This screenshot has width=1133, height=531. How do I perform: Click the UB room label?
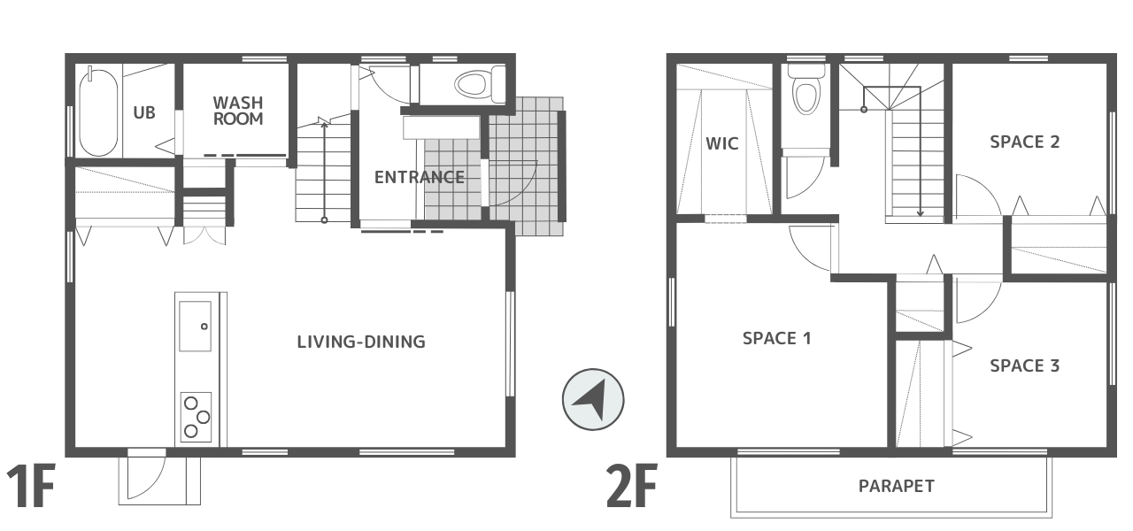[144, 112]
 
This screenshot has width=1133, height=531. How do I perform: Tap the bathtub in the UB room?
[98, 112]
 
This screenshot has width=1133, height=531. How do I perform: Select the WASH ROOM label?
[238, 111]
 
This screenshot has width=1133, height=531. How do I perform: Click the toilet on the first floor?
[480, 84]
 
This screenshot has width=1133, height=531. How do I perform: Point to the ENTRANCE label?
[420, 177]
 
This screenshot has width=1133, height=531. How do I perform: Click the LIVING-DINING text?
[361, 342]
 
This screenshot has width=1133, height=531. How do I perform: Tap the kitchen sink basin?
[196, 327]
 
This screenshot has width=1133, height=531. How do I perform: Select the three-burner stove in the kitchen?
[196, 417]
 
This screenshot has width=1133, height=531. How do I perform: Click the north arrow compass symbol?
[593, 399]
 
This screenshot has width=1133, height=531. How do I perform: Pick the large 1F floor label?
[30, 487]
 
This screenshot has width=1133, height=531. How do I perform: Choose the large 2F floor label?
[632, 487]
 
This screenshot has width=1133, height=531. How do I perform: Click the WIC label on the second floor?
[721, 143]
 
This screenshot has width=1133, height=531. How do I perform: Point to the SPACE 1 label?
[776, 338]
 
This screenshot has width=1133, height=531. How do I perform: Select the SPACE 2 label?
[1025, 142]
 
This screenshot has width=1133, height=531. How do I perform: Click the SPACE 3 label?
[1025, 366]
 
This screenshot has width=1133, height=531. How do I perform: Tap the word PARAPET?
[897, 487]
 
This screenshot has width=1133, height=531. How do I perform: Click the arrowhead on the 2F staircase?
[920, 213]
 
